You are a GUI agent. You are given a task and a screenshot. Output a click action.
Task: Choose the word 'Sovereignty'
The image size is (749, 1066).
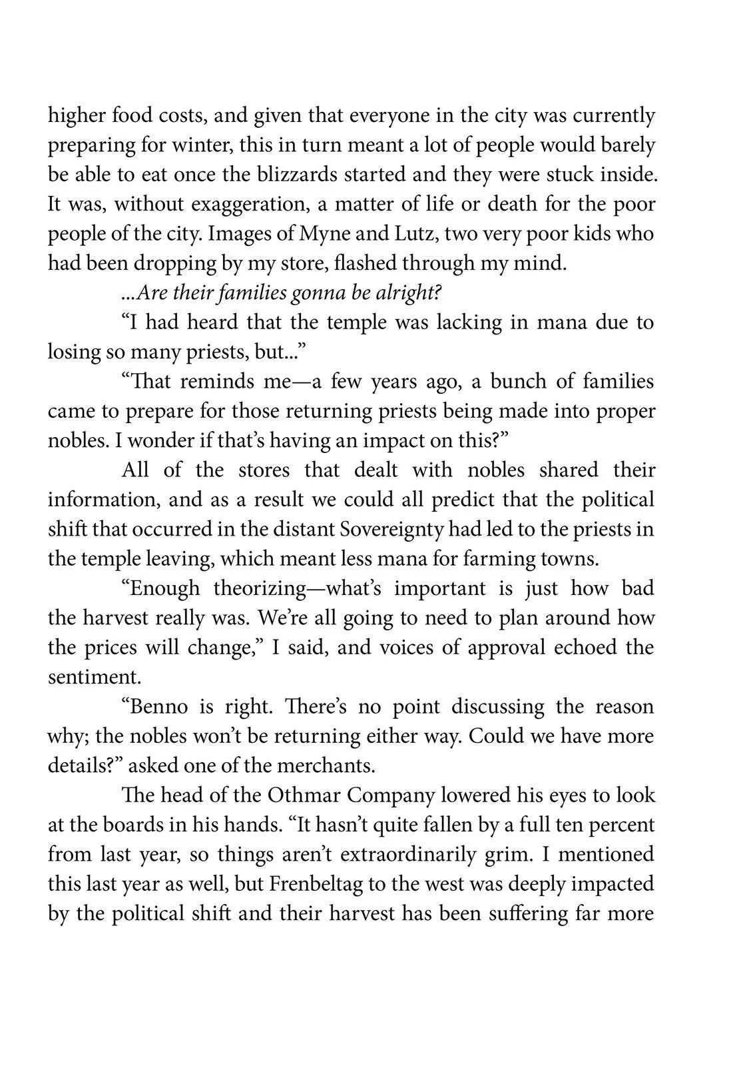click(393, 529)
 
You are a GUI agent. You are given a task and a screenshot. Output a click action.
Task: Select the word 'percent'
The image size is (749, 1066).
click(619, 825)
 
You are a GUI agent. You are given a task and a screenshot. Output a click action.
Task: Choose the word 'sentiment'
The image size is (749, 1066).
click(93, 678)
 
